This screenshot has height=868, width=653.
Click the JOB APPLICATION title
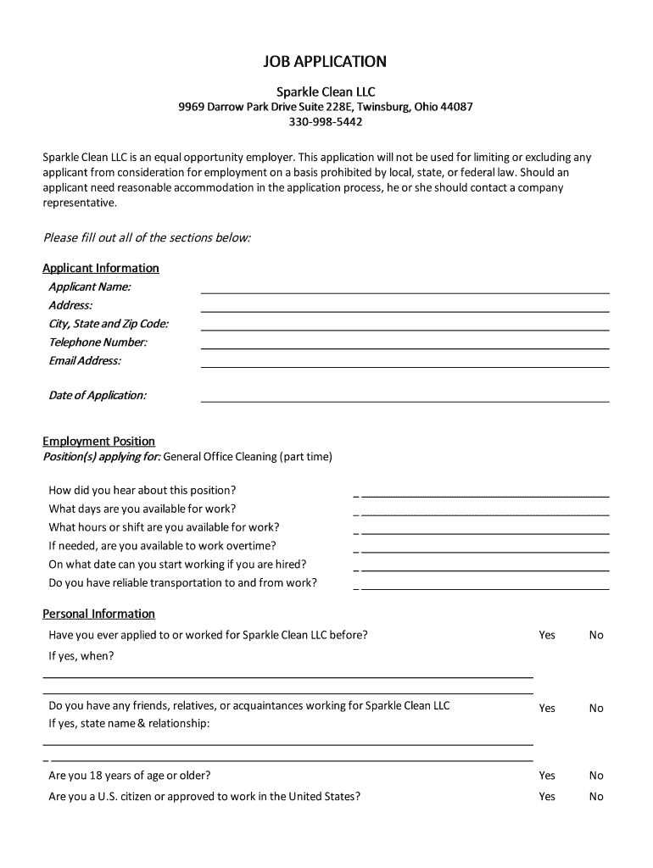point(326,62)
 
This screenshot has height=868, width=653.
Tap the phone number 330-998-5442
point(326,122)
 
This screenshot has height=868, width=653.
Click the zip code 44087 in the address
point(455,107)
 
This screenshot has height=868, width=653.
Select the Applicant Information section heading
point(101,268)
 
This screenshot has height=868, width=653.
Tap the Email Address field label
point(85,360)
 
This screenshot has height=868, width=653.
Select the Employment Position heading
point(98,441)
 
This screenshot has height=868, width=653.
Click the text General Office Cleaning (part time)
point(248,457)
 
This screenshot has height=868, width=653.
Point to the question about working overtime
point(162,546)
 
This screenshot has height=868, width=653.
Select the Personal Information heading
point(98,614)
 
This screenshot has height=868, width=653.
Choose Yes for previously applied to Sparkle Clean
point(547,635)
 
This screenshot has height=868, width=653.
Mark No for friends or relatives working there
point(596,708)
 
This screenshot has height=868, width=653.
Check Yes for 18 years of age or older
point(547,776)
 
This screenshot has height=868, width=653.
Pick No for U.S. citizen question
point(596,797)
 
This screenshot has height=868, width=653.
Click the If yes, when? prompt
point(81,655)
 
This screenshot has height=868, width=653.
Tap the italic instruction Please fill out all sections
point(147,237)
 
